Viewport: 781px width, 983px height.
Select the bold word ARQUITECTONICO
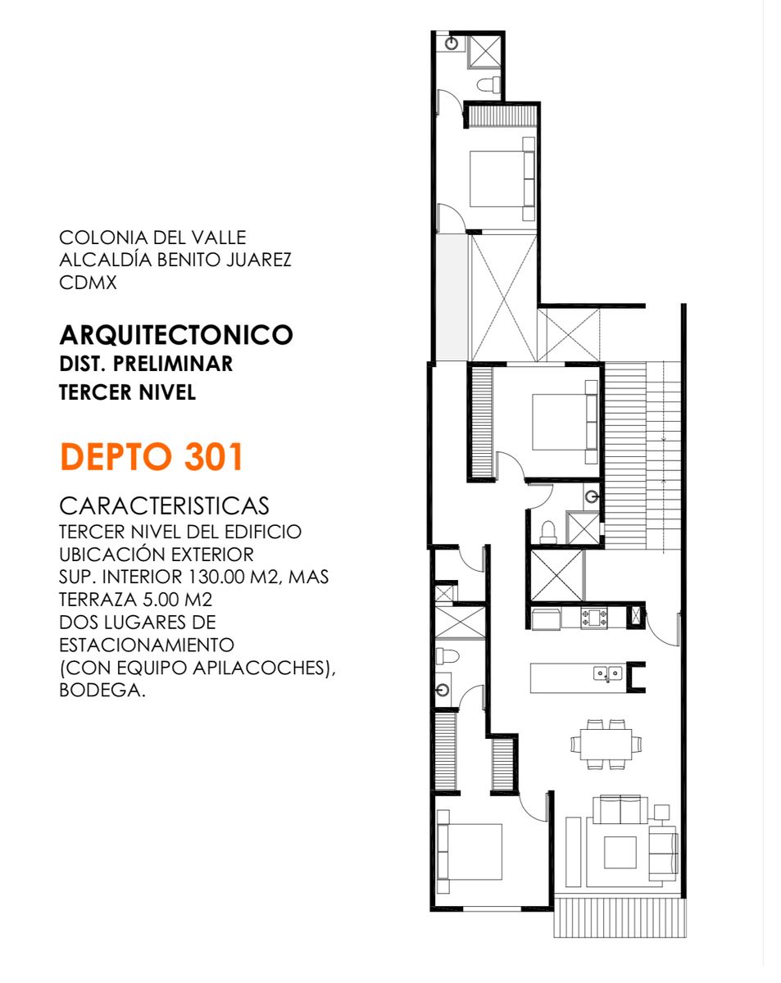[176, 335]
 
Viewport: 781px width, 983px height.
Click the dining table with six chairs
[606, 745]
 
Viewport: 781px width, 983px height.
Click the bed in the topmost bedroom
[500, 178]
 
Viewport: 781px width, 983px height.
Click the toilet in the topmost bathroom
[488, 84]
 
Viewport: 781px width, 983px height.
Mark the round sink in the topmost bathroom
[452, 43]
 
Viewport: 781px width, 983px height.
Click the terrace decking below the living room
[620, 917]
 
